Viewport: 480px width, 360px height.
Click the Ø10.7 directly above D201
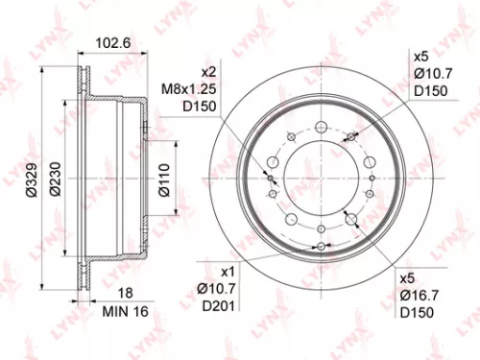pyautogui.click(x=215, y=289)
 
